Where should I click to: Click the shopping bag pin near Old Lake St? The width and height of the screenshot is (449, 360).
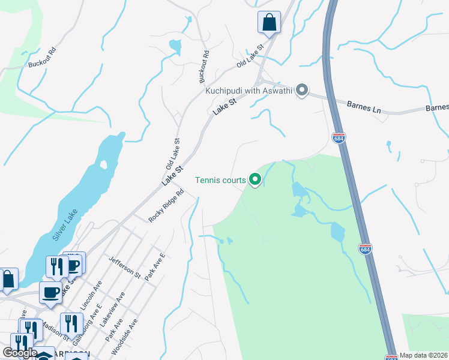(x=269, y=23)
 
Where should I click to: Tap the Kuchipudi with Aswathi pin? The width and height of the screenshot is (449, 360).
(x=303, y=91)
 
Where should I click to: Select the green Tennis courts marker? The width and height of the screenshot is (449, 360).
(x=255, y=179)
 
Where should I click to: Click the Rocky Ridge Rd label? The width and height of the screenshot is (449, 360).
(x=166, y=206)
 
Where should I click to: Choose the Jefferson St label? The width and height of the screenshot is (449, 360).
(x=124, y=268)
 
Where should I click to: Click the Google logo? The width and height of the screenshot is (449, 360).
(x=19, y=353)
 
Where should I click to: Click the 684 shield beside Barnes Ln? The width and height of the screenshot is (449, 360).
(x=339, y=138)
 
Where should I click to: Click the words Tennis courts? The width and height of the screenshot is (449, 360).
(x=220, y=180)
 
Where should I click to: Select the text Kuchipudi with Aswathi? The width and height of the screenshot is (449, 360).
(x=249, y=91)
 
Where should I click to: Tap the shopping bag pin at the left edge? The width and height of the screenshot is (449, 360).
(x=8, y=280)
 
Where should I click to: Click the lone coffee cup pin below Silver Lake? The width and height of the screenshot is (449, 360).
(x=50, y=293)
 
